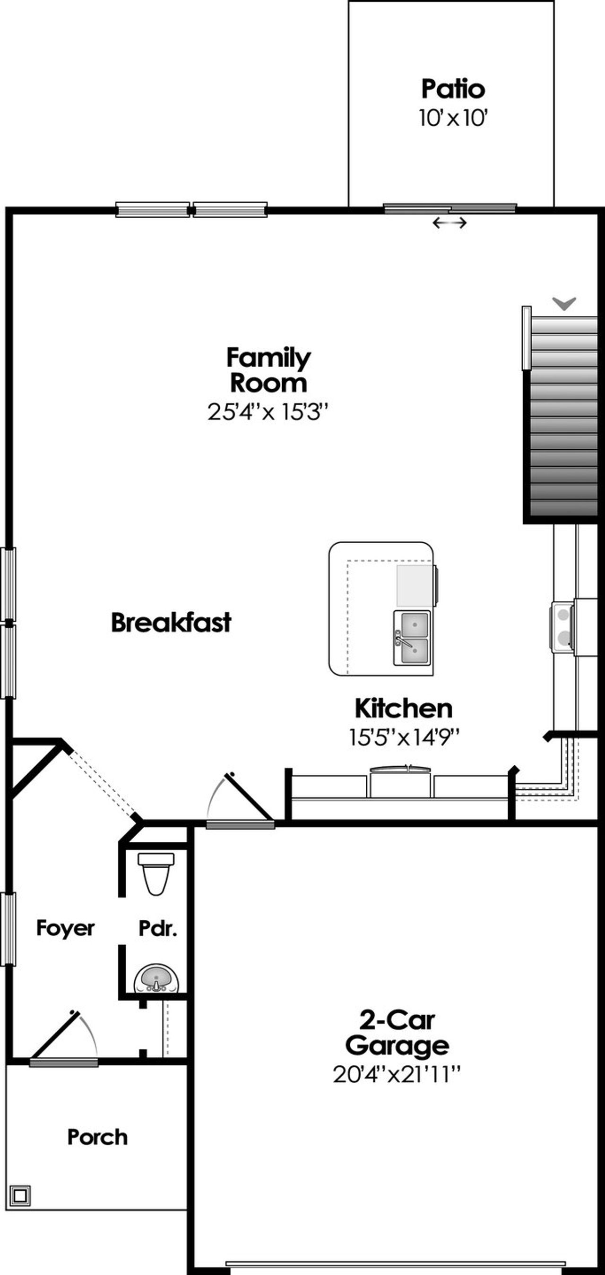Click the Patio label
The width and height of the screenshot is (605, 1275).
pyautogui.click(x=453, y=89)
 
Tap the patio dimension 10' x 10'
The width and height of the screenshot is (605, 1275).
pyautogui.click(x=453, y=119)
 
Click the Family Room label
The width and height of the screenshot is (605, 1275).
pyautogui.click(x=268, y=370)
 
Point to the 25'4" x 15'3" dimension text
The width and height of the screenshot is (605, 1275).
pyautogui.click(x=268, y=412)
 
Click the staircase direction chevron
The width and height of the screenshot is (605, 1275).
pyautogui.click(x=564, y=303)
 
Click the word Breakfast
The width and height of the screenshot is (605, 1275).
pyautogui.click(x=171, y=622)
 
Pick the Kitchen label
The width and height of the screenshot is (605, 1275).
pyautogui.click(x=404, y=708)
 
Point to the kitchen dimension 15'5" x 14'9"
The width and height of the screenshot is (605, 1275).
pyautogui.click(x=404, y=737)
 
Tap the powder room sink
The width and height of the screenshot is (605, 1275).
pyautogui.click(x=156, y=978)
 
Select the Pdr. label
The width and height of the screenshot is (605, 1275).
pyautogui.click(x=157, y=929)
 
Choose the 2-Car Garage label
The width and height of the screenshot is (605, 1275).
pyautogui.click(x=397, y=1033)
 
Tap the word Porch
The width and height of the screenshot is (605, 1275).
pyautogui.click(x=97, y=1138)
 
